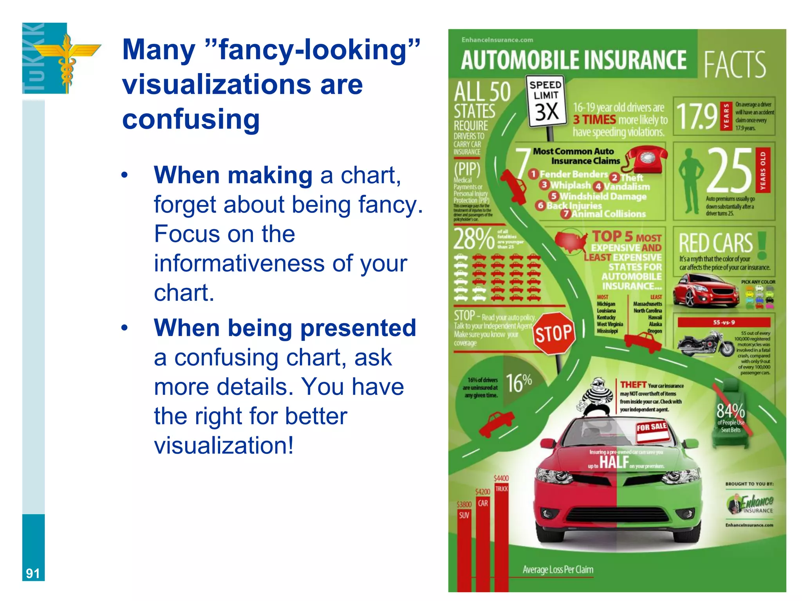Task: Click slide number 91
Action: coord(33,573)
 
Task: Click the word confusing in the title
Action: coord(191,119)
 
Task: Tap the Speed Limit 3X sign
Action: coord(546,101)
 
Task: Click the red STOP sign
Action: coord(554,333)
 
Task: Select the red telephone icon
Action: coord(647,159)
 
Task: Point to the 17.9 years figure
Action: coord(697,116)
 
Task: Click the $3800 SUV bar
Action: coord(464,548)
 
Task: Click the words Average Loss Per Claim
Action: coord(558,570)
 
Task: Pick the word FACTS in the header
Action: coord(735,64)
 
